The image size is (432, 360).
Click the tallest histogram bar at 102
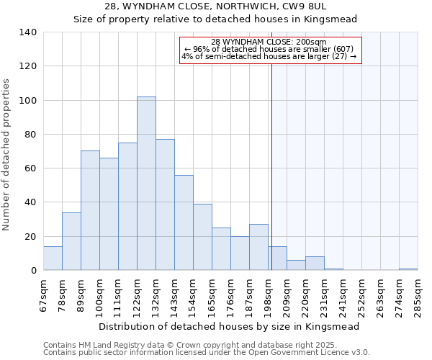coord(146,184)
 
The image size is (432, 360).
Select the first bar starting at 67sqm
coord(53,258)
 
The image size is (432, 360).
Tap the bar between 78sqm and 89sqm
coord(71,241)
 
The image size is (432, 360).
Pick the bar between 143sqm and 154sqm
coord(184,222)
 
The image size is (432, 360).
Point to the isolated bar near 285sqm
coord(408,269)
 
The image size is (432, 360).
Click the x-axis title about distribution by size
coord(229,326)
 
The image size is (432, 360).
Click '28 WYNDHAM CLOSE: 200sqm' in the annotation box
coord(269,42)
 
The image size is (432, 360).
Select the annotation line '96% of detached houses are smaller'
coord(269,49)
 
